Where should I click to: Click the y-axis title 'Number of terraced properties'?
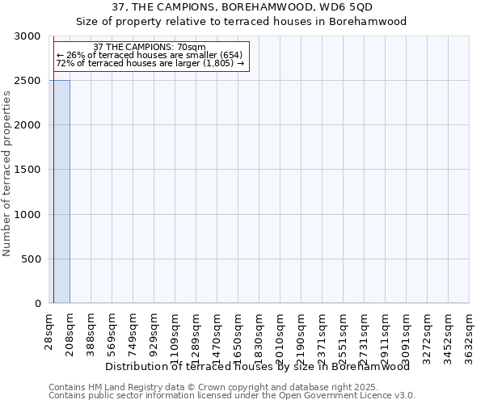click(x=7, y=174)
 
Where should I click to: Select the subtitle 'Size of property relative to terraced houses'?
click(x=242, y=22)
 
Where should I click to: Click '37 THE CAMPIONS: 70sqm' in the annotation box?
click(x=150, y=48)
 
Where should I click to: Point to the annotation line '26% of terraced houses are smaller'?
click(x=150, y=55)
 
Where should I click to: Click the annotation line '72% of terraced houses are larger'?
click(x=150, y=63)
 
